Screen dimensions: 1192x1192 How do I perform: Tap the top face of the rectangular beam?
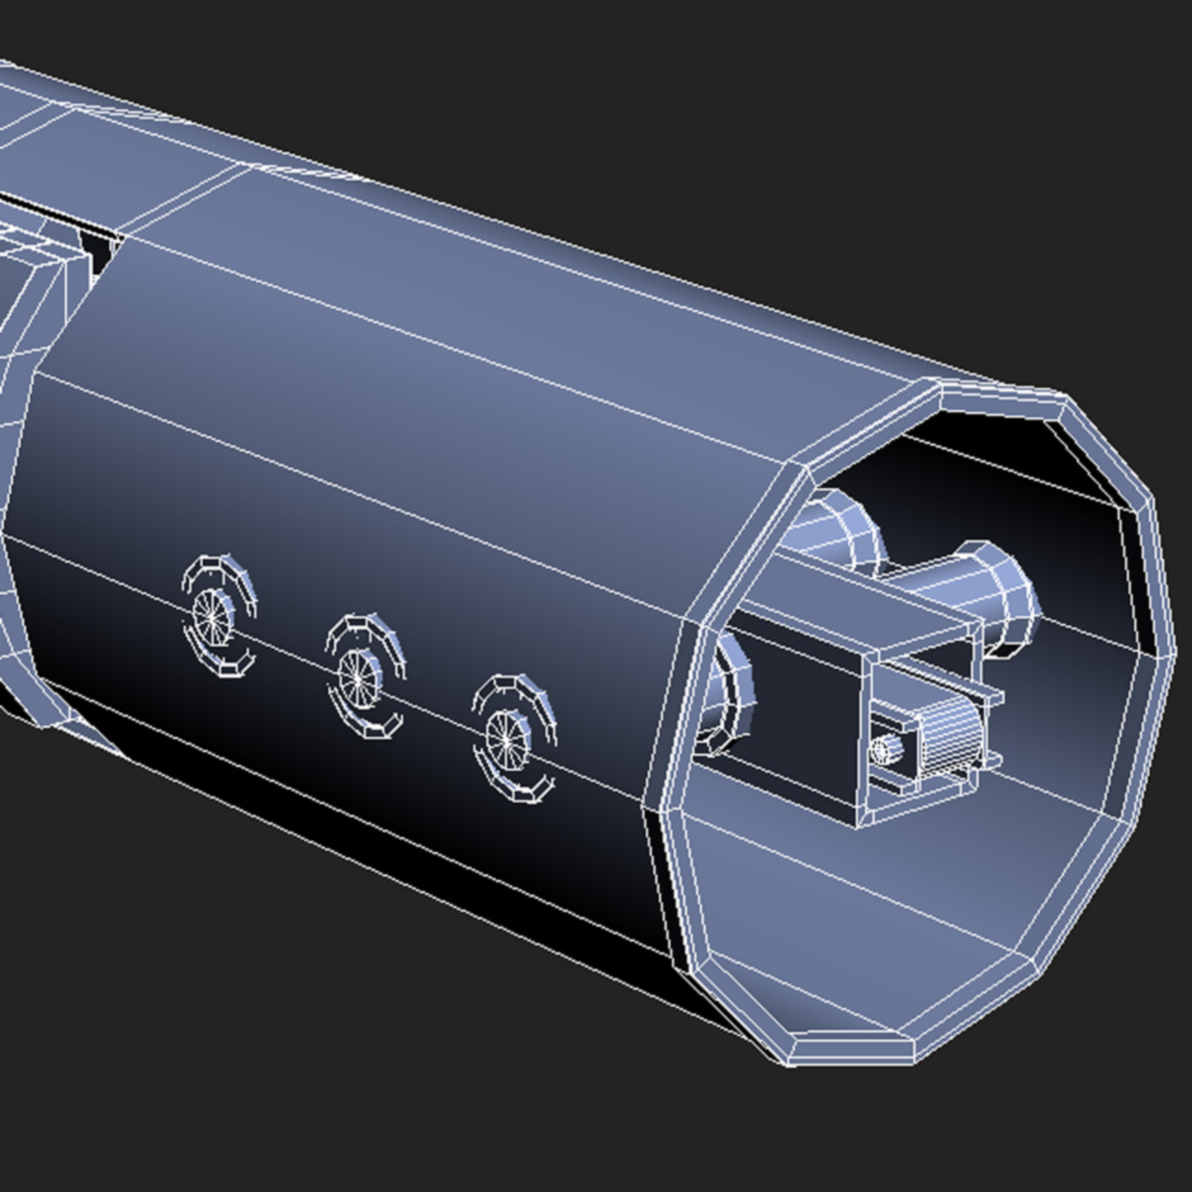pos(854,606)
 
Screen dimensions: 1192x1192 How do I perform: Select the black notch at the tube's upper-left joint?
pos(99,248)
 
